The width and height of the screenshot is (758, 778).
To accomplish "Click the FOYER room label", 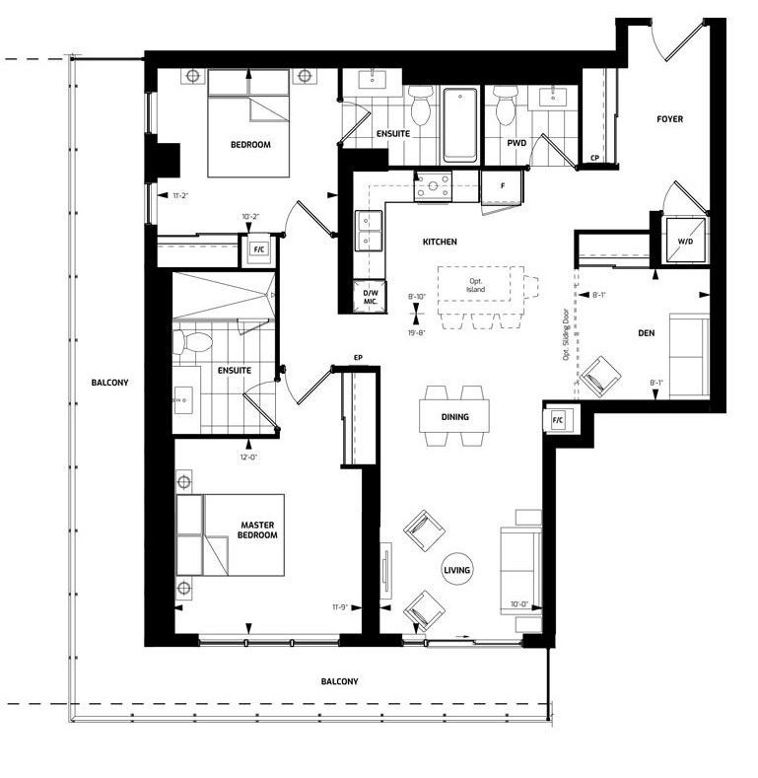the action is click(x=669, y=119).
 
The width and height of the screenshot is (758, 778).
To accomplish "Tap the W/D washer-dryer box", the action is click(x=685, y=242).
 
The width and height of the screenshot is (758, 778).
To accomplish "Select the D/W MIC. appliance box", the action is click(x=370, y=297).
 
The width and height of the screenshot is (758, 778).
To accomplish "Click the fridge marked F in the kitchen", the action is click(x=502, y=186).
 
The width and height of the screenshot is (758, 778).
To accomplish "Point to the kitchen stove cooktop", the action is click(x=433, y=186).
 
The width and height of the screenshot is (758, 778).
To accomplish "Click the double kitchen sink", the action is click(x=369, y=231).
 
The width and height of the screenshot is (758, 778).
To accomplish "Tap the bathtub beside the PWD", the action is click(x=460, y=125).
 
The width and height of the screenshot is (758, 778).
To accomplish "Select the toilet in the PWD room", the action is click(x=506, y=106).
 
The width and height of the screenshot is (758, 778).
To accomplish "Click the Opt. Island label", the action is click(x=475, y=285).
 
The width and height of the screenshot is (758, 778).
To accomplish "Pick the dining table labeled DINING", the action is click(x=454, y=416).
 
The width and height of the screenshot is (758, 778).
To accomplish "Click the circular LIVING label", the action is click(x=456, y=570).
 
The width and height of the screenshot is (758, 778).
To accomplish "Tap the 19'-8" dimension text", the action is click(x=417, y=333).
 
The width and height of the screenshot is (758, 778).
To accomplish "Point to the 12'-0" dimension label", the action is click(x=248, y=458).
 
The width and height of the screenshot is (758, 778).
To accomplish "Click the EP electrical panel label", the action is click(x=358, y=358).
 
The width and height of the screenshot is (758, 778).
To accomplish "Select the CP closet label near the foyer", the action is click(x=594, y=159).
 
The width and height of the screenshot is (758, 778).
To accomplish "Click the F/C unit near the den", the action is click(x=558, y=421).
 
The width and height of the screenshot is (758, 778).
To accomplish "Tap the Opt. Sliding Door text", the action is click(x=565, y=335).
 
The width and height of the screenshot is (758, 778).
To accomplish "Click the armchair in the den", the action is click(x=599, y=377).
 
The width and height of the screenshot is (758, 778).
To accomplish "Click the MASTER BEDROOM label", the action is click(x=257, y=530).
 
